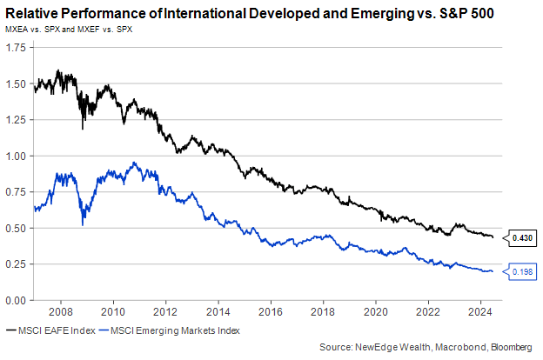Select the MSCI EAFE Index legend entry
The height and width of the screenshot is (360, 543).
tap(52, 330)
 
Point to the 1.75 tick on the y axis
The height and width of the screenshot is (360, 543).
tap(15, 47)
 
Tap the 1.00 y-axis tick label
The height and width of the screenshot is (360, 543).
tap(15, 157)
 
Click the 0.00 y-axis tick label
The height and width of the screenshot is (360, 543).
tap(15, 301)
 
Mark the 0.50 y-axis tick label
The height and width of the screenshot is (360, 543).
tap(15, 229)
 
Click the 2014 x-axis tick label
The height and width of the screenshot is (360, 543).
tap(218, 311)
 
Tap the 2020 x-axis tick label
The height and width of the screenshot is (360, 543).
tap(376, 311)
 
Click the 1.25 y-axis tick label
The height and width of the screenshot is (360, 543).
tap(15, 119)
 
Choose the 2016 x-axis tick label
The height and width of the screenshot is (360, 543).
tap(271, 311)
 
